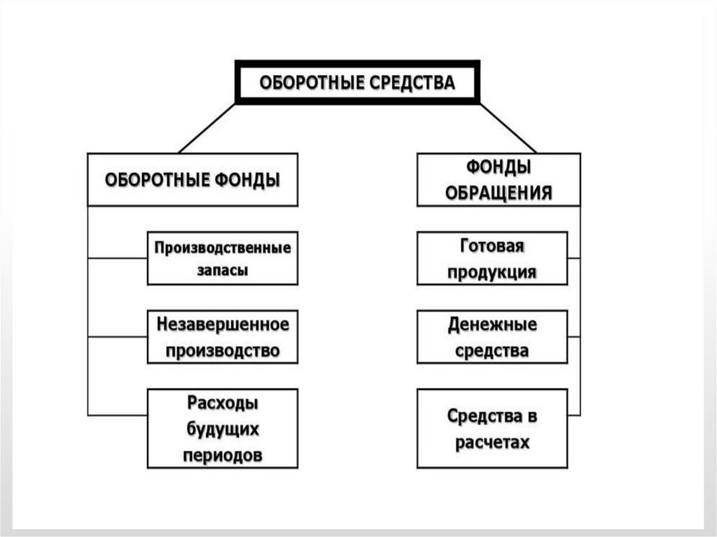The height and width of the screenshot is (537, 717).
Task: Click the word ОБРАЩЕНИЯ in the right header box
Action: tap(498, 193)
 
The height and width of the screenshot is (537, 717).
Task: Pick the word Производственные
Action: tap(222, 248)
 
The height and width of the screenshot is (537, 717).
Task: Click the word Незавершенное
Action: tap(222, 325)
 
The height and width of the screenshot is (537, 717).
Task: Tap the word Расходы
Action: tap(222, 404)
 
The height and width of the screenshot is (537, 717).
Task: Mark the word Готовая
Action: tap(492, 247)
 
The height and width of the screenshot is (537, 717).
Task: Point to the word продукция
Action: tap(492, 272)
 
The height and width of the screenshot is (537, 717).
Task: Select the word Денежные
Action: tap(492, 326)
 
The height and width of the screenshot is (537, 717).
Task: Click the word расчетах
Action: tap(492, 442)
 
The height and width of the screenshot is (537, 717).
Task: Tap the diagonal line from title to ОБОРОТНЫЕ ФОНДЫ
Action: tap(207, 128)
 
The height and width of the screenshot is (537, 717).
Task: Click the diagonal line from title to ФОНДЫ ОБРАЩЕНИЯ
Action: tap(508, 128)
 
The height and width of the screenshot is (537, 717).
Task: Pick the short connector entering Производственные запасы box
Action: tap(118, 258)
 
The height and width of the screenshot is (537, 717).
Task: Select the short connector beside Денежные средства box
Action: tap(573, 337)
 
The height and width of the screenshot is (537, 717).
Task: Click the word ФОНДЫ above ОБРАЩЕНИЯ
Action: tap(498, 169)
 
